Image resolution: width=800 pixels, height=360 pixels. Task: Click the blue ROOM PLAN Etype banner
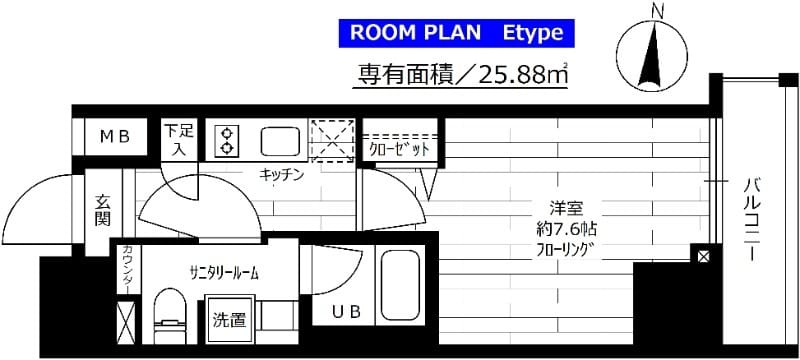pyautogui.click(x=461, y=32)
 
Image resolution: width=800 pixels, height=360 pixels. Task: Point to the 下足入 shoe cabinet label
pyautogui.click(x=180, y=138)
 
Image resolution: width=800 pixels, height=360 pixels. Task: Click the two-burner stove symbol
pyautogui.click(x=226, y=141)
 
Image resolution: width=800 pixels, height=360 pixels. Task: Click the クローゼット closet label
pyautogui.click(x=398, y=149)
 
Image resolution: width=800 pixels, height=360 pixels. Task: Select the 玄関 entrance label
pyautogui.click(x=102, y=210)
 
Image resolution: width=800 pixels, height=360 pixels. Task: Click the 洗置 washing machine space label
pyautogui.click(x=229, y=320)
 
